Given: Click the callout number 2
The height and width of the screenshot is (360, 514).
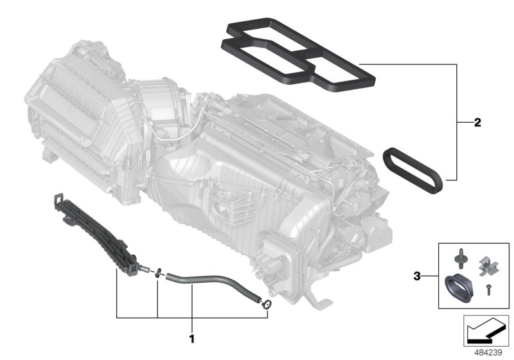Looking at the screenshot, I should tap(477, 122).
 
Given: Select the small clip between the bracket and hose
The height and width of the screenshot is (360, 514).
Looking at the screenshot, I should tap(157, 274).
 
